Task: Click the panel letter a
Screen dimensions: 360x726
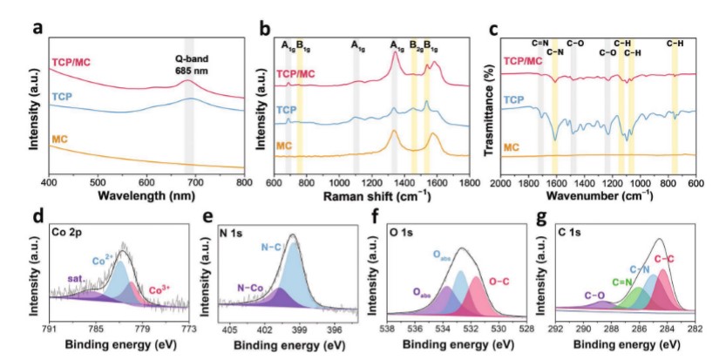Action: click(x=37, y=26)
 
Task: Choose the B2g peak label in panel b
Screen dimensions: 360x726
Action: click(x=417, y=44)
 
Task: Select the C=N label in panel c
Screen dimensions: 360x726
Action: click(x=540, y=42)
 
